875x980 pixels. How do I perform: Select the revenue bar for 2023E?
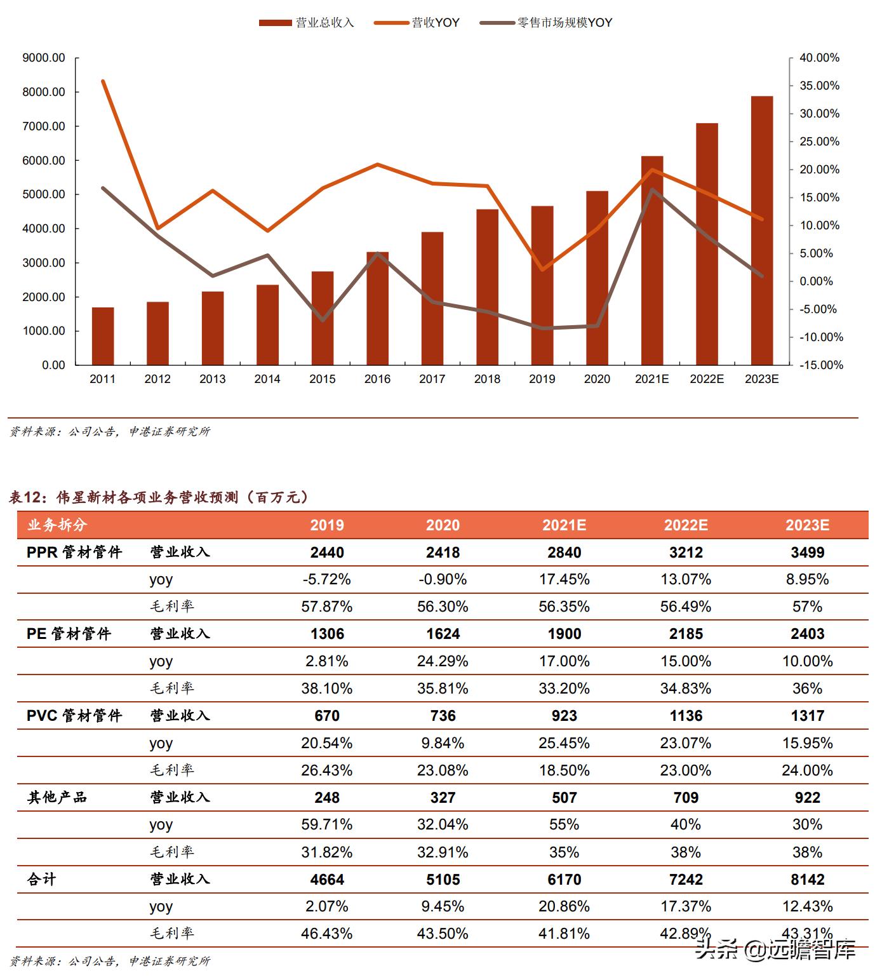[x=762, y=231]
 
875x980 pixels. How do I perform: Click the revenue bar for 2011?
[x=103, y=336]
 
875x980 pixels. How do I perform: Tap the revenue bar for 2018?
[x=487, y=287]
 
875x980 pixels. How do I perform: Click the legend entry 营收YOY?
[x=417, y=23]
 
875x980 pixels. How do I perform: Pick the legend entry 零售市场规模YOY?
[x=546, y=23]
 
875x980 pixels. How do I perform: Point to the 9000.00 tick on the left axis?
[x=44, y=58]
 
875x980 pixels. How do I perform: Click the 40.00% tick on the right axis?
[x=819, y=58]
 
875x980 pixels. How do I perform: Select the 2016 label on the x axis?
[x=377, y=379]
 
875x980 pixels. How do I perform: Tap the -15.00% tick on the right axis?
[x=821, y=365]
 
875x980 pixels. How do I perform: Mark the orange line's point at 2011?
[x=103, y=81]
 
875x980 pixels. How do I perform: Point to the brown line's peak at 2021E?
[x=652, y=190]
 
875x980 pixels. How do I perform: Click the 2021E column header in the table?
[x=564, y=525]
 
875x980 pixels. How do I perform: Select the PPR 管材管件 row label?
[x=74, y=552]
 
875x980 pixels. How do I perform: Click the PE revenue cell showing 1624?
[x=443, y=634]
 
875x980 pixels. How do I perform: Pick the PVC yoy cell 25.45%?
[x=564, y=742]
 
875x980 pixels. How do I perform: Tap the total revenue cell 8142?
[x=807, y=879]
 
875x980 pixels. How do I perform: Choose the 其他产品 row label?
[x=57, y=797]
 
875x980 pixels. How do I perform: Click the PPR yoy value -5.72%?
[x=326, y=579]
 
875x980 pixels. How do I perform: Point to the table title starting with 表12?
[x=159, y=497]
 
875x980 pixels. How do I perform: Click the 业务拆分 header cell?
[x=57, y=525]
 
